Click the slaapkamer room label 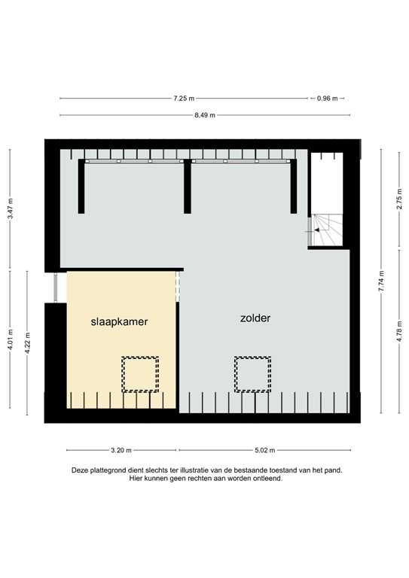[119, 321]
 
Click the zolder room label [255, 318]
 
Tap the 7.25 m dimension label [184, 99]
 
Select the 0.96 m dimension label [327, 99]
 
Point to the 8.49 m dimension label [204, 115]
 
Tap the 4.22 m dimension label [28, 342]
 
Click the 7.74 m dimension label [381, 281]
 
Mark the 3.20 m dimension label [121, 451]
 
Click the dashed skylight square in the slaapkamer [140, 374]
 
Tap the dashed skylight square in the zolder [252, 374]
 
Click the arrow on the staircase [319, 229]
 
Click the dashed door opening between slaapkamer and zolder [179, 286]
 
